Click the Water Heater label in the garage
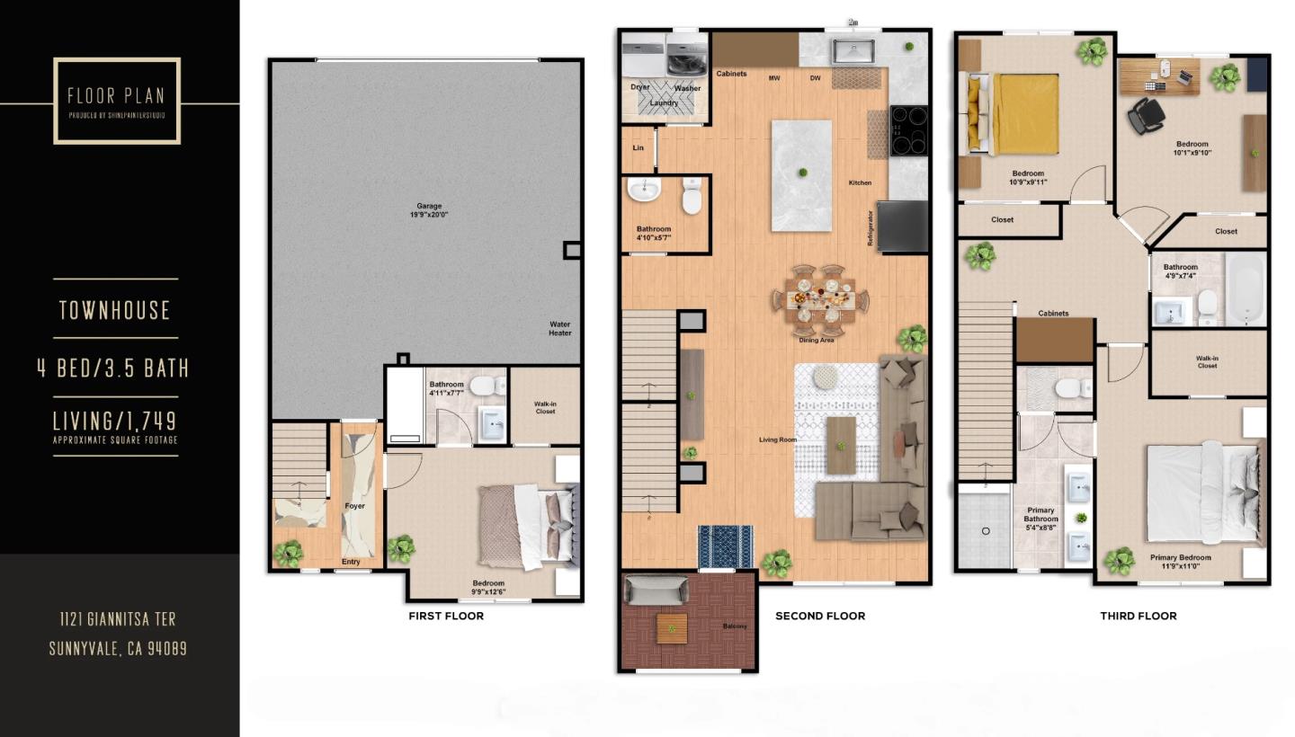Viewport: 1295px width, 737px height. click(560, 329)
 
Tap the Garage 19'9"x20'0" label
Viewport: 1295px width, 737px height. click(429, 210)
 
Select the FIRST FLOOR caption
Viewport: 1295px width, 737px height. click(446, 617)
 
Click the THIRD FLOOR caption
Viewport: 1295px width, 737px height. click(1138, 617)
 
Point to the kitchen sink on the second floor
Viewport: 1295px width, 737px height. click(852, 50)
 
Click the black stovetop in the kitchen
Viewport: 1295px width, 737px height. click(908, 131)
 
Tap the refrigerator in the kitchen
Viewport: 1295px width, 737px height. click(902, 226)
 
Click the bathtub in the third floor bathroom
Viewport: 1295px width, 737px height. click(1246, 289)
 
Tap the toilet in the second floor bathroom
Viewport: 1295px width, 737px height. click(692, 198)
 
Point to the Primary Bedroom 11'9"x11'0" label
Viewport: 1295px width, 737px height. click(1180, 562)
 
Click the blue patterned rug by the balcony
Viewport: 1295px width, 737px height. click(726, 546)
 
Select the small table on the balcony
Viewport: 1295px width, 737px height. click(671, 627)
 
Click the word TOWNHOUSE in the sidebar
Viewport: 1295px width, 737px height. click(115, 311)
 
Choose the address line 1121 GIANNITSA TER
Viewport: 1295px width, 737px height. click(118, 619)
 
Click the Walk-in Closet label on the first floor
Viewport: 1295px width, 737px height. click(545, 407)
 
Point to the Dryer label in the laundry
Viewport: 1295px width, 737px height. click(639, 88)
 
